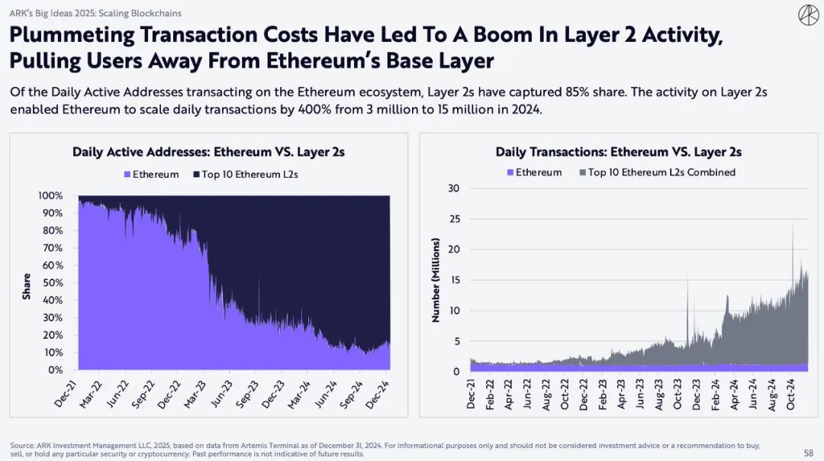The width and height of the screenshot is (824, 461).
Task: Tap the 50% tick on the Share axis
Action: [x=52, y=282]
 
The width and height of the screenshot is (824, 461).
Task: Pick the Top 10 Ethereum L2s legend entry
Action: [x=243, y=175]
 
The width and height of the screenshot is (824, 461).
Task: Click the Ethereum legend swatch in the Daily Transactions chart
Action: [x=510, y=172]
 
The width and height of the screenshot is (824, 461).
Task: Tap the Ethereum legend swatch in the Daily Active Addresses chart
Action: [x=127, y=175]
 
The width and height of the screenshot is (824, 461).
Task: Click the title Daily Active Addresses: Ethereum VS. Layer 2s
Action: [x=208, y=152]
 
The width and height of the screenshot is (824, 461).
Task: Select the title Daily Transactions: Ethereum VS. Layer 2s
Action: [x=618, y=152]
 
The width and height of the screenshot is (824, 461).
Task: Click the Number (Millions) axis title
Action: [x=436, y=280]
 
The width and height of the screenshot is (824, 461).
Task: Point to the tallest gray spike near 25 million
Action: [x=793, y=223]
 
